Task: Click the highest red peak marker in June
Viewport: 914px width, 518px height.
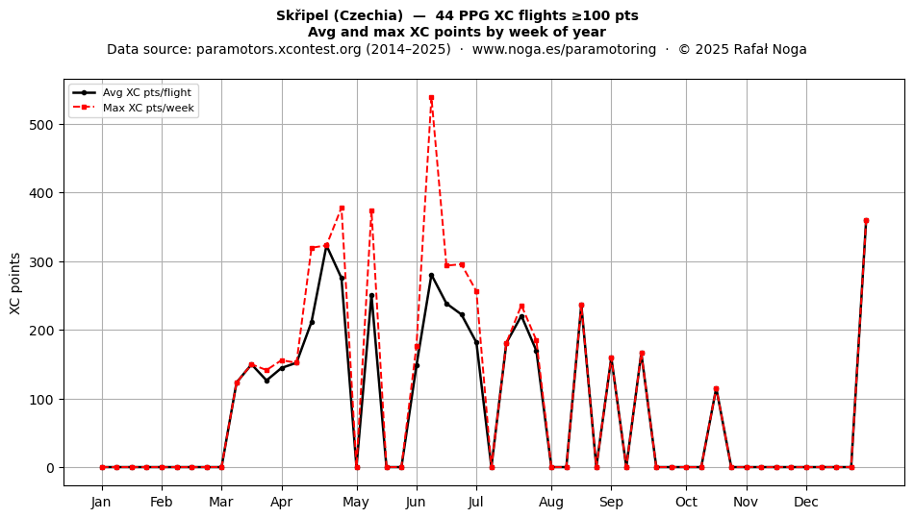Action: pyautogui.click(x=431, y=98)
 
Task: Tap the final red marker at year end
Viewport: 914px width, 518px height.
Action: pyautogui.click(x=866, y=221)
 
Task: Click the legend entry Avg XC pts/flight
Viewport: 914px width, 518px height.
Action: pyautogui.click(x=147, y=92)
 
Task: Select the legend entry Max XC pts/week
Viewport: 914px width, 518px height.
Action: pyautogui.click(x=148, y=108)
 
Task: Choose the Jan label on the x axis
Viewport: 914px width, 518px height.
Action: pyautogui.click(x=101, y=502)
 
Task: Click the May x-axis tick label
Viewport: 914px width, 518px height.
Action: pyautogui.click(x=356, y=502)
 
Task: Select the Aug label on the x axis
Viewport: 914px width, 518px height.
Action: pyautogui.click(x=551, y=502)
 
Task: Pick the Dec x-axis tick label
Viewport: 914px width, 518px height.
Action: pyautogui.click(x=806, y=502)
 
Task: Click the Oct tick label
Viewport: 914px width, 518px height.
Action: pyautogui.click(x=686, y=502)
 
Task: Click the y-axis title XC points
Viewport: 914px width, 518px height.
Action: pyautogui.click(x=15, y=284)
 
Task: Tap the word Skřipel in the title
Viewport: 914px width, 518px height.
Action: pyautogui.click(x=299, y=15)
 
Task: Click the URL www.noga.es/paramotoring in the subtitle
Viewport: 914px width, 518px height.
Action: pyautogui.click(x=564, y=49)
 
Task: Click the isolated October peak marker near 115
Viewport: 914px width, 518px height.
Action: pyautogui.click(x=717, y=389)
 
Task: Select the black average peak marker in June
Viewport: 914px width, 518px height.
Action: pyautogui.click(x=431, y=275)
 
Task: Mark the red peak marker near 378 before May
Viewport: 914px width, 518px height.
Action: pyautogui.click(x=342, y=208)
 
